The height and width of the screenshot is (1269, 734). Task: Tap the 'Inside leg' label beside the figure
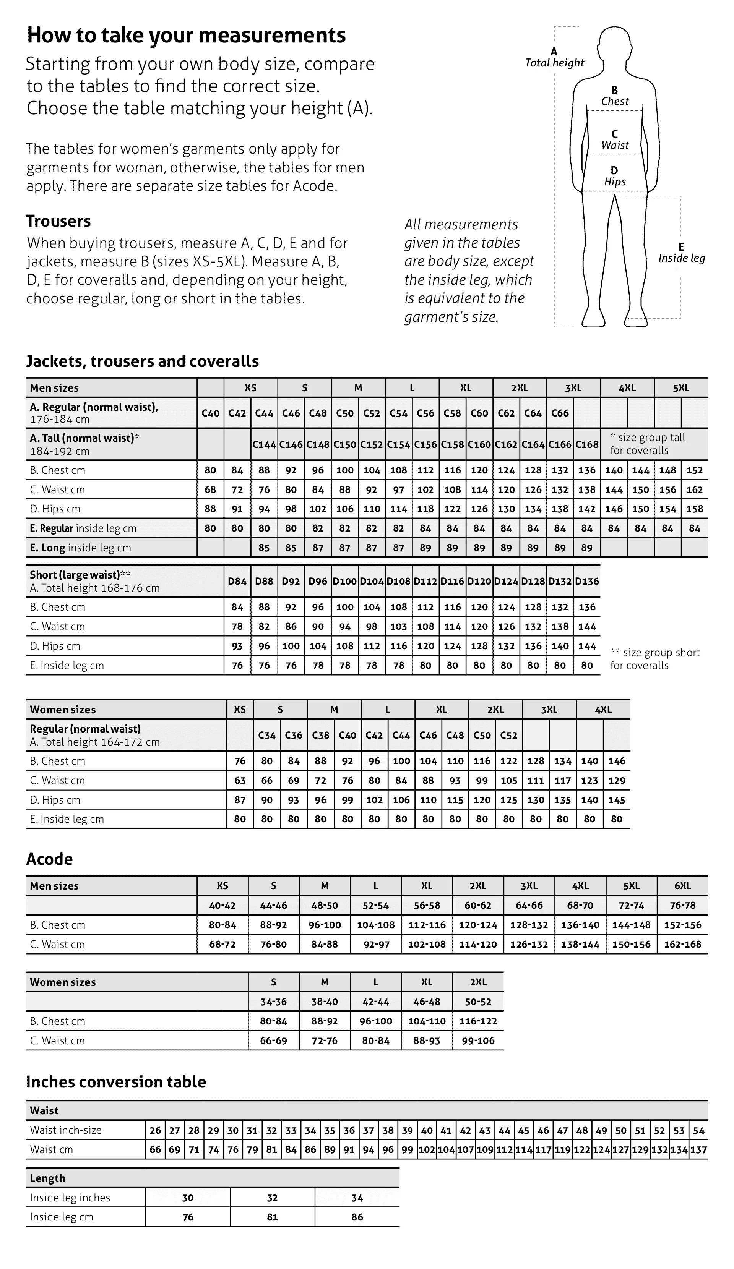pos(681,258)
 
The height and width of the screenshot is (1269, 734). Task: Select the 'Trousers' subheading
pos(58,221)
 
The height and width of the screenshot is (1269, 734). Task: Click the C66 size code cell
pos(560,413)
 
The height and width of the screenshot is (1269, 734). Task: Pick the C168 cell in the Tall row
pos(586,444)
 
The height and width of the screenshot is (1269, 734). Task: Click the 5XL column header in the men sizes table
pos(680,388)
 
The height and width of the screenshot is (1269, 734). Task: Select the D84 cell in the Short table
pos(237,581)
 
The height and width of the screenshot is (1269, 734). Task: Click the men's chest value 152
pos(694,470)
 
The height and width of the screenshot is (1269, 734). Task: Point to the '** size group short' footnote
pos(654,653)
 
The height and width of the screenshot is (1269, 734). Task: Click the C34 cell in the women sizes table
pos(266,735)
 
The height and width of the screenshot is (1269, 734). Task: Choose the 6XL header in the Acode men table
pos(682,886)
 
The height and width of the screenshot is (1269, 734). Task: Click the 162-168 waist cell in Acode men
pos(682,944)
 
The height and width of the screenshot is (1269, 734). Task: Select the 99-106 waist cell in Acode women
pos(477,1040)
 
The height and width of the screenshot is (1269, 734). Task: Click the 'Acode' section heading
pos(49,859)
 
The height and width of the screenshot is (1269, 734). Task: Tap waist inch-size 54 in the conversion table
pos(698,1131)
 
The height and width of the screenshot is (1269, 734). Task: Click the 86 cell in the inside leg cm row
pos(357,1217)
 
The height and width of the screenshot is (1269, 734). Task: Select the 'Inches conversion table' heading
pos(116,1082)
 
